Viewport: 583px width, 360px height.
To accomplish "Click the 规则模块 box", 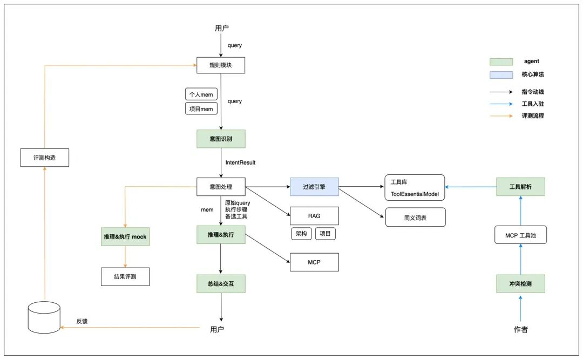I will click(220, 65).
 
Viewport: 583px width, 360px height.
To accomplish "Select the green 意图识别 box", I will click(220, 139).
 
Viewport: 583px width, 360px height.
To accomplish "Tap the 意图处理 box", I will click(220, 187).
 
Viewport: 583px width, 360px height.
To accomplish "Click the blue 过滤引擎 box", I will click(314, 187).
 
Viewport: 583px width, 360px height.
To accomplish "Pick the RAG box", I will click(314, 216).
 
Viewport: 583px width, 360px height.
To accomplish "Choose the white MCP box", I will click(314, 262).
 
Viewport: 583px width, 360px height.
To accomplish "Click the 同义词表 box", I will click(415, 217).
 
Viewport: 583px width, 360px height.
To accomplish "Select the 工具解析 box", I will click(520, 187).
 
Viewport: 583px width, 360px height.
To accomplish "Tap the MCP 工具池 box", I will click(520, 235).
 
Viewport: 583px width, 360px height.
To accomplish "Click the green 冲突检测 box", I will click(520, 283).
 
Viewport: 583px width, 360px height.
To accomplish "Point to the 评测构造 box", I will click(44, 157).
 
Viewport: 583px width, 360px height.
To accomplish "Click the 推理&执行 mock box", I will click(125, 236).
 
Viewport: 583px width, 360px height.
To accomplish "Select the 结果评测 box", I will click(125, 276).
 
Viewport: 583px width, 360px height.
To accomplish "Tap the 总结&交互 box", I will click(220, 283).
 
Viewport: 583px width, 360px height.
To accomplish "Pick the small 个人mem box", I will click(201, 94).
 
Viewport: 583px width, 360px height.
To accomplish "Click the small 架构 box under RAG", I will click(301, 233).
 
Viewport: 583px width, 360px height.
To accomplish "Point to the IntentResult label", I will click(240, 162).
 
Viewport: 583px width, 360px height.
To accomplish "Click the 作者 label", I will click(520, 329).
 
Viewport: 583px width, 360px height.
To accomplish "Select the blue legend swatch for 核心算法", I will click(501, 74).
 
